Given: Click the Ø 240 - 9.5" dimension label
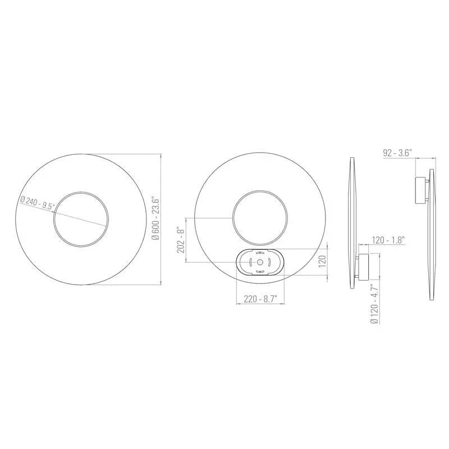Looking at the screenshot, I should [37, 203].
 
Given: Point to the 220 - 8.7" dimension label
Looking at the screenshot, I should [260, 299].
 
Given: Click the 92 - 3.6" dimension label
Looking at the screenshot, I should [398, 152].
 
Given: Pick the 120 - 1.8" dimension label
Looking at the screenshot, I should [388, 240].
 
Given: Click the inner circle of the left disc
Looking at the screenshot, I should [81, 219].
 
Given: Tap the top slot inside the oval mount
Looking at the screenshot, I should [260, 254].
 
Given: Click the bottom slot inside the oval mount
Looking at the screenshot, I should [260, 271].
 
